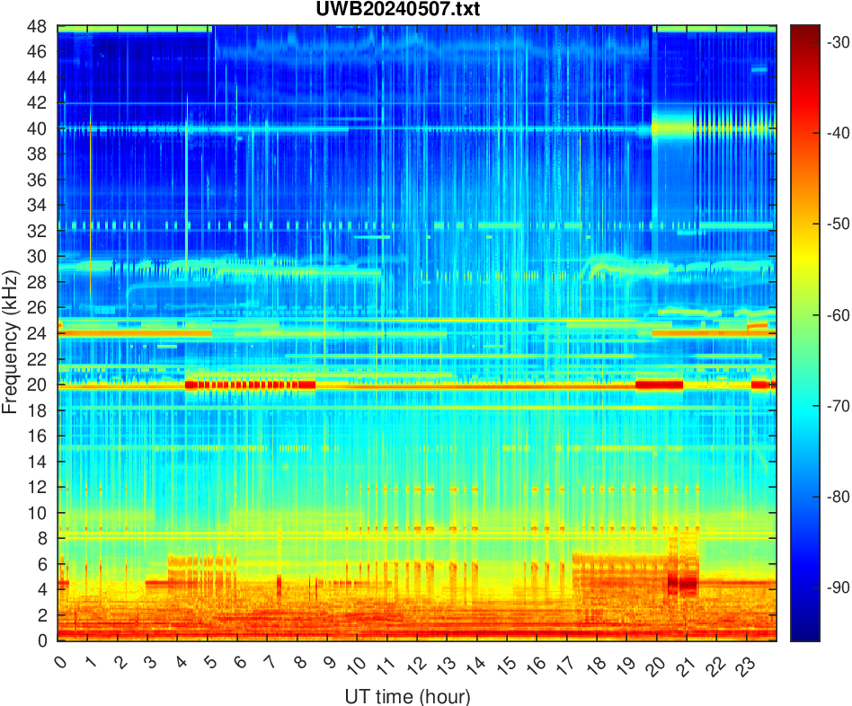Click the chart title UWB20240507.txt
pos(417,10)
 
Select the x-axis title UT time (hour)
pos(407,696)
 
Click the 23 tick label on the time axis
pos(742,665)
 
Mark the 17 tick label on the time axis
pos(564,665)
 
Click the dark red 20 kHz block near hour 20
pos(659,384)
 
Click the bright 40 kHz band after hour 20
pos(710,128)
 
